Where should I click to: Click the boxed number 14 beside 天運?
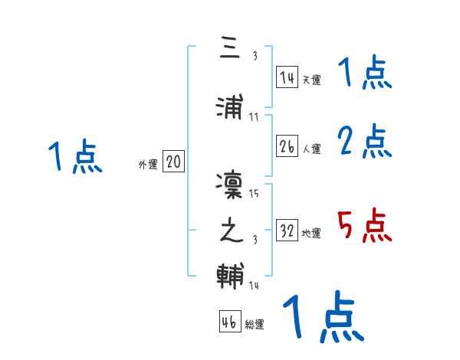(287, 77)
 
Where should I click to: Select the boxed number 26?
(287, 147)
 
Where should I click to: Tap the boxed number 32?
(287, 231)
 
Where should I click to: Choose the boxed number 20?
(173, 162)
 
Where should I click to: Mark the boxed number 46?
(228, 322)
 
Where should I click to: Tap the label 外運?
(148, 165)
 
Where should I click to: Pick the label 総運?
(255, 325)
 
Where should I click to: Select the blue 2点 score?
(364, 141)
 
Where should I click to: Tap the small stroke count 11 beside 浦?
(255, 116)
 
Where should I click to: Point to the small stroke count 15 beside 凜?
(255, 193)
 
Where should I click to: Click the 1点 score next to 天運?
(364, 74)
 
